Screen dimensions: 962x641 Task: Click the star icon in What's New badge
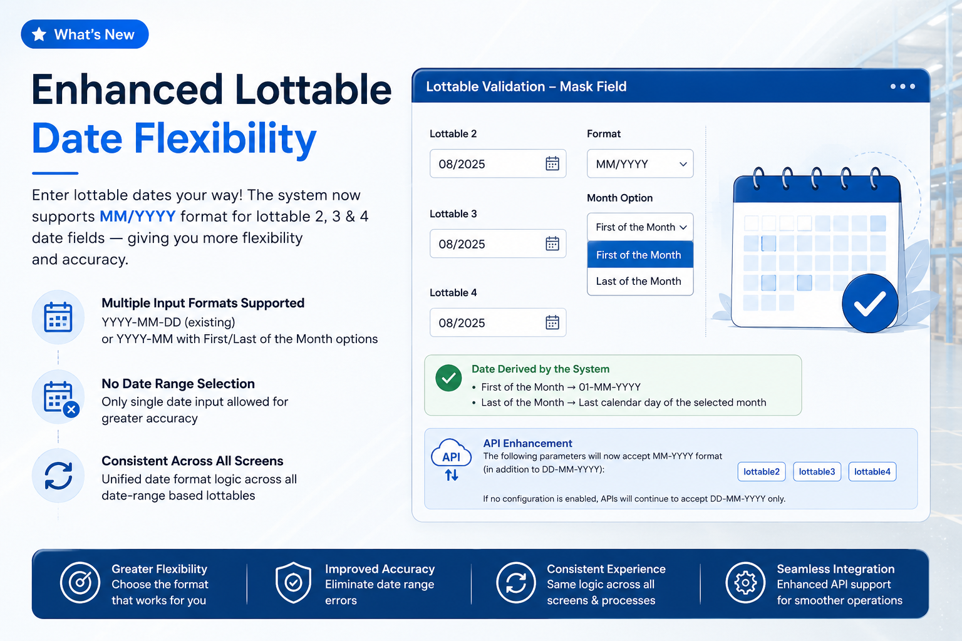(39, 34)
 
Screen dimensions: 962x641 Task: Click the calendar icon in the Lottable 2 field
(552, 163)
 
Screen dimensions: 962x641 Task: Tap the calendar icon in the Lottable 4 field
(552, 322)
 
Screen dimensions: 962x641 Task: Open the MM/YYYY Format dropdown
(640, 163)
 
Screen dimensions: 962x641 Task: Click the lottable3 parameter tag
(817, 471)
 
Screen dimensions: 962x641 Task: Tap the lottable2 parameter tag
(762, 471)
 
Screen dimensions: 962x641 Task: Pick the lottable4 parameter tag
(872, 471)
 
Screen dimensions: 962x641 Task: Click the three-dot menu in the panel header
(903, 86)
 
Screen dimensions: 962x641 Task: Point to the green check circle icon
(448, 378)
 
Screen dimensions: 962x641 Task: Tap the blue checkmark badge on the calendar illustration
(870, 304)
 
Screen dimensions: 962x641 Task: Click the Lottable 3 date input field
(498, 244)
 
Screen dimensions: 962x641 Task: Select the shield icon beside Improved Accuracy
(293, 583)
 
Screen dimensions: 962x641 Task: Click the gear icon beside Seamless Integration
(745, 583)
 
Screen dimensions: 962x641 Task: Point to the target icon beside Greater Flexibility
(80, 583)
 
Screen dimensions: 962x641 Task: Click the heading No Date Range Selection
(178, 383)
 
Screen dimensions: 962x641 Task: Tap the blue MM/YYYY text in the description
(137, 217)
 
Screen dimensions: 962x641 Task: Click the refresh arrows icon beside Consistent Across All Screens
(58, 476)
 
